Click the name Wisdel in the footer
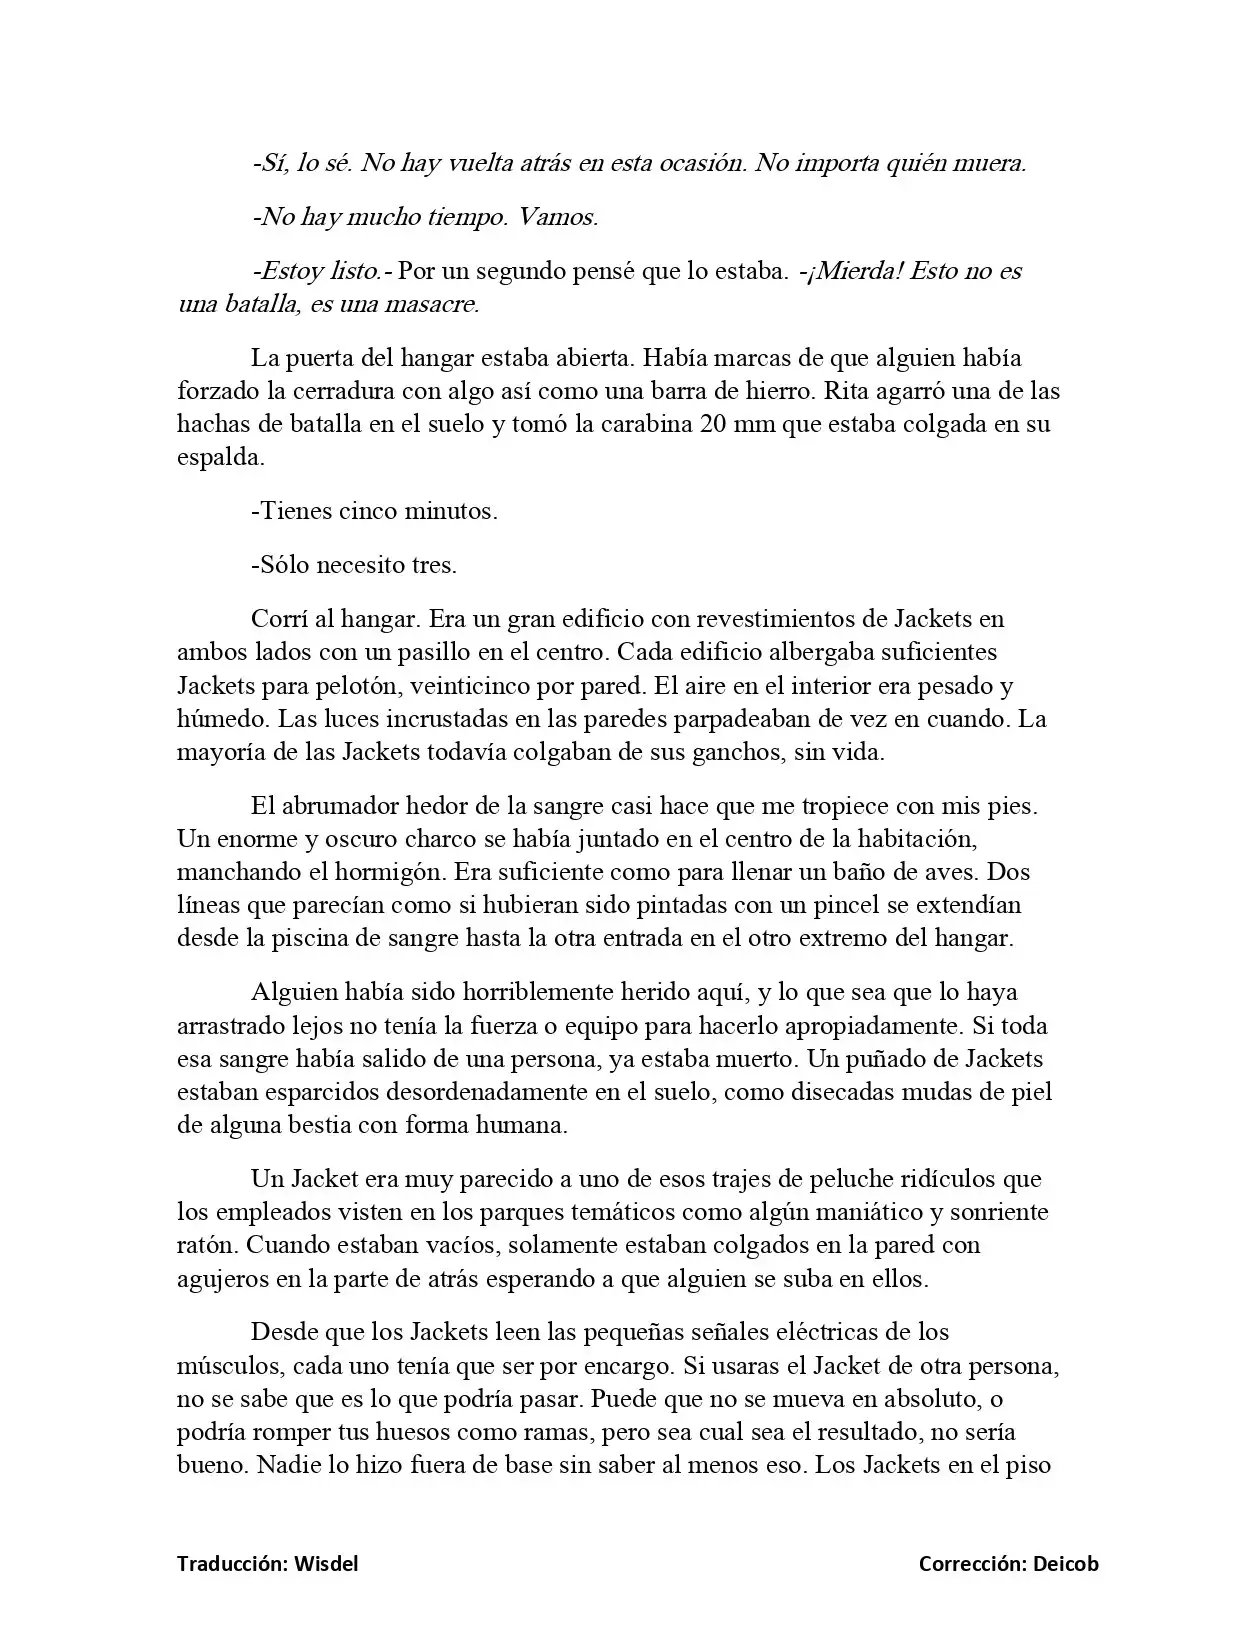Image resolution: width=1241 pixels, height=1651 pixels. (325, 1563)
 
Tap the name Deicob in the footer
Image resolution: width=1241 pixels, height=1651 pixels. (1065, 1563)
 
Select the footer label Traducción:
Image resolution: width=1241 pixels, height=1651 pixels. (233, 1563)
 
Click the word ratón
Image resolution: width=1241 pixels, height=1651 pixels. (206, 1246)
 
